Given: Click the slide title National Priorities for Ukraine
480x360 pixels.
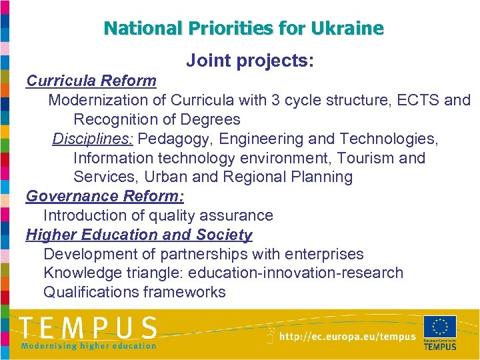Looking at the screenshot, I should point(244,29).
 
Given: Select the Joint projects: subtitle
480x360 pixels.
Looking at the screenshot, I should point(250,61).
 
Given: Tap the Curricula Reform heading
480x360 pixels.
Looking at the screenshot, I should point(91,81).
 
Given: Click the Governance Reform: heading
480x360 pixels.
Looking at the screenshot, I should point(105,197).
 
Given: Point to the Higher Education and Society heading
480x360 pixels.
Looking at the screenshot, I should point(139,235).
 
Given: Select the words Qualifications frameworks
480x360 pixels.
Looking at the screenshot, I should point(135,293).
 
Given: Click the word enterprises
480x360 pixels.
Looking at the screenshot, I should point(325,255).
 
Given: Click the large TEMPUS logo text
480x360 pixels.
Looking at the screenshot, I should point(88,328).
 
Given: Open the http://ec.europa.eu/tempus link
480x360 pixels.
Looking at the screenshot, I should point(347,337).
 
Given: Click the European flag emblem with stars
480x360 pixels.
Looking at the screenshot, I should point(440,327).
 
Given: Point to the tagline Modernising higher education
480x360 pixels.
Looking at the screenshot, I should point(89,346).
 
